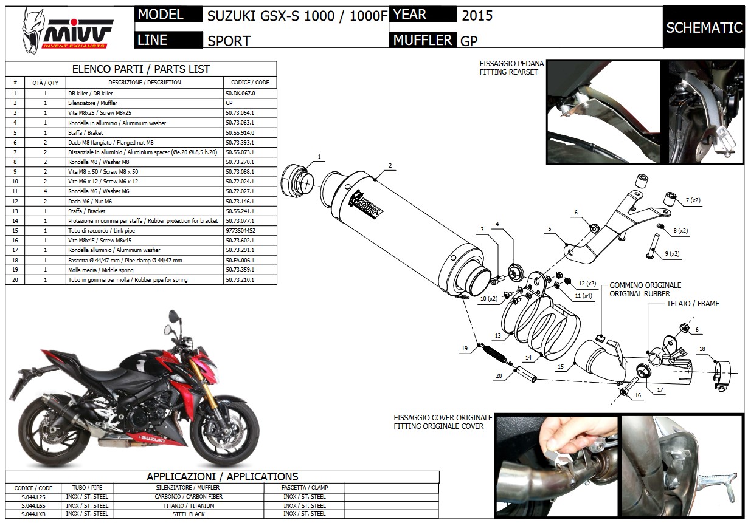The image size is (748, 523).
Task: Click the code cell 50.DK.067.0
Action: click(x=240, y=94)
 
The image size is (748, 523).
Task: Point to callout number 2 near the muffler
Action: click(x=390, y=165)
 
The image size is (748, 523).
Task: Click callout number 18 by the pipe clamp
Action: click(x=702, y=349)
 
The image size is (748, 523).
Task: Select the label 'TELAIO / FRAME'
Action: click(x=693, y=304)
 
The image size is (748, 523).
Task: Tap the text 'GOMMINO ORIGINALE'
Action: click(x=645, y=285)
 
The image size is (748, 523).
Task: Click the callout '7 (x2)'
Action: click(x=693, y=200)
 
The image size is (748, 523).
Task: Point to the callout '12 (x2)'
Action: click(x=587, y=284)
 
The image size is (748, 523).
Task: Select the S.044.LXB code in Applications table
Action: click(x=33, y=514)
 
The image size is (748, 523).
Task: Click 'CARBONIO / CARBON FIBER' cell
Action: click(x=189, y=497)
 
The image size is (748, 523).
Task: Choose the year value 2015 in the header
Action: click(x=477, y=16)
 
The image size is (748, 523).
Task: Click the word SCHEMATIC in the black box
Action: click(x=704, y=28)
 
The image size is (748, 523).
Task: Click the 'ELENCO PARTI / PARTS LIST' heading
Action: click(x=141, y=69)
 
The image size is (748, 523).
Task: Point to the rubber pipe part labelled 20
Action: click(x=526, y=374)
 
